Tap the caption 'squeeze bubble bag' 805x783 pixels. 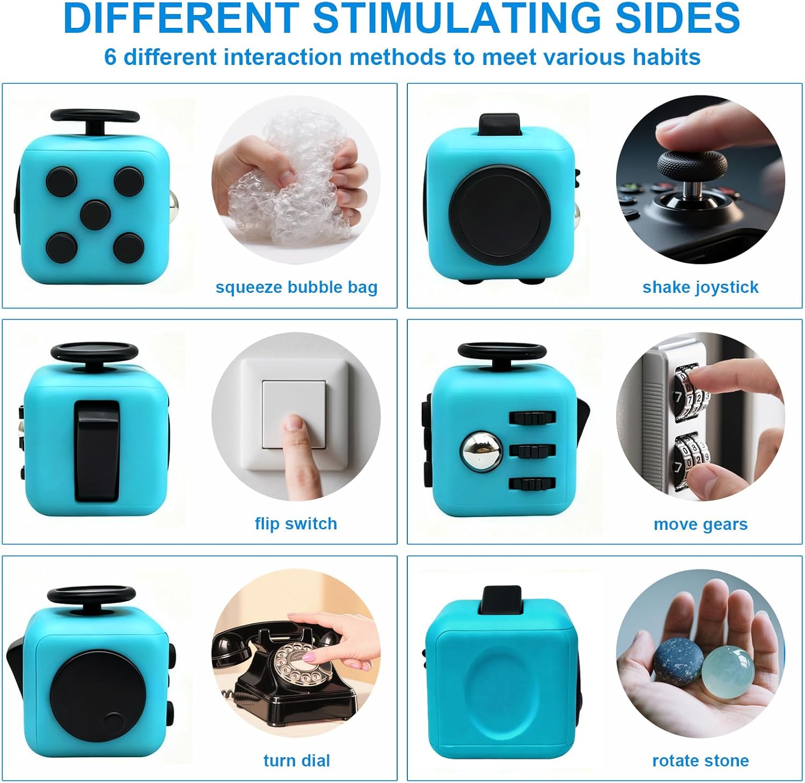(x=296, y=287)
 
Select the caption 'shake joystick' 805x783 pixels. (x=700, y=287)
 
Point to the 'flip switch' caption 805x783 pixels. (x=296, y=523)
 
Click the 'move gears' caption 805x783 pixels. (x=700, y=524)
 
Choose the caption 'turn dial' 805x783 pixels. (x=296, y=760)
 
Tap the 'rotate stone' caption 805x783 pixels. (x=700, y=760)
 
